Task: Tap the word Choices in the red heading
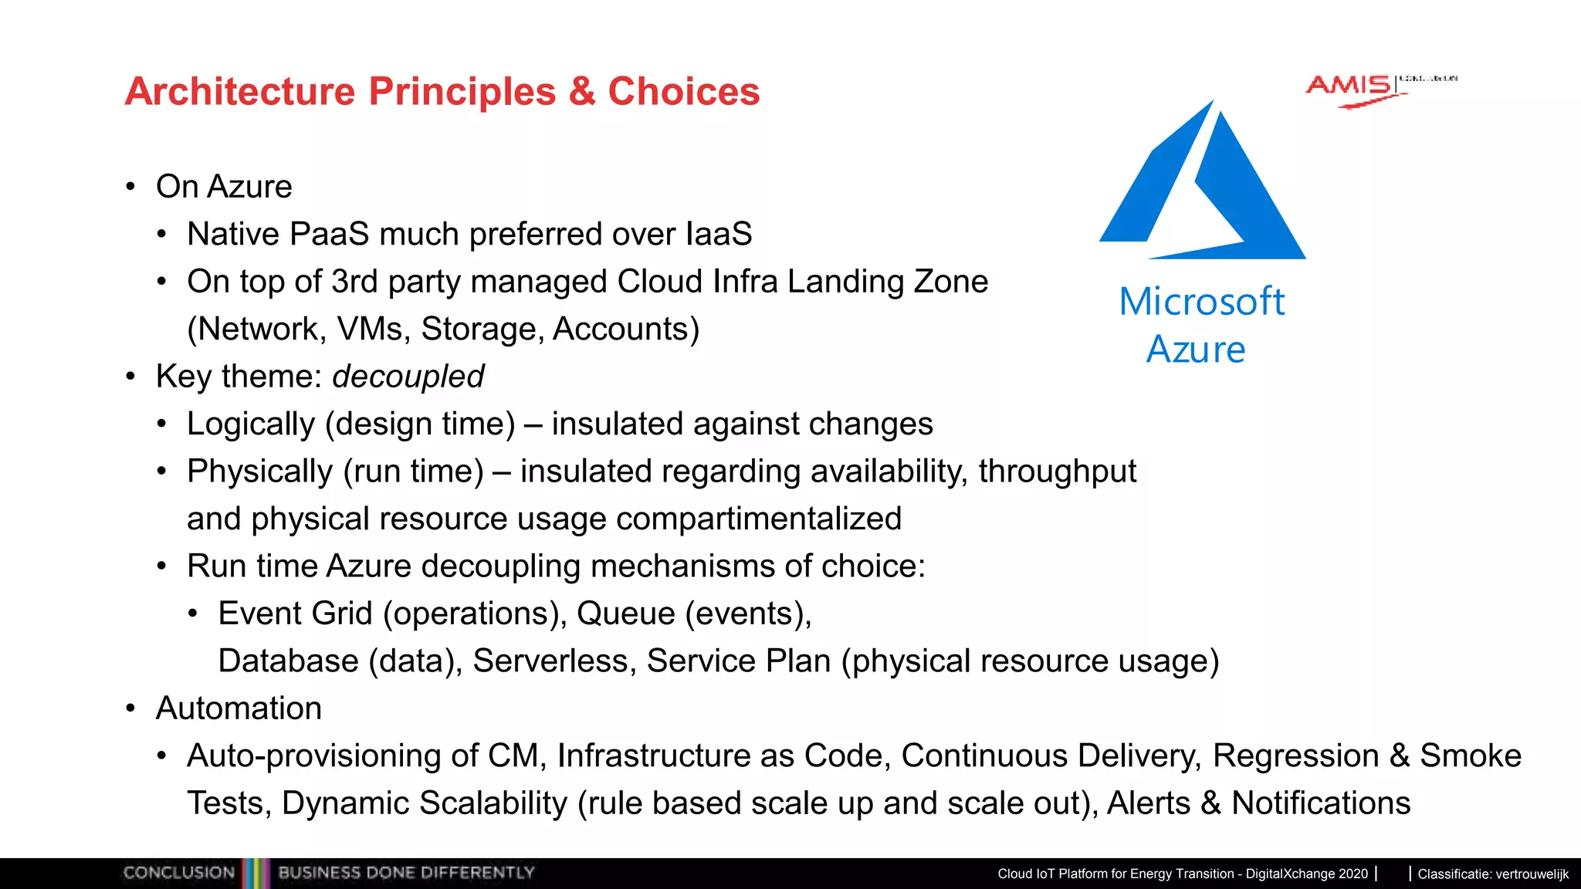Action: coord(683,92)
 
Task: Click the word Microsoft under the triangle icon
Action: coord(1201,301)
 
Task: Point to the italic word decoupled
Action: coord(408,377)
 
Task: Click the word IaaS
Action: coord(718,234)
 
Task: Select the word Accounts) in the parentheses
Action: coord(626,330)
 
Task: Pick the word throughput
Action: coord(1058,472)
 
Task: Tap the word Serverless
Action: coord(554,661)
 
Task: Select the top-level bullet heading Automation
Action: coord(239,708)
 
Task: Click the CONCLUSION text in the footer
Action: coord(178,873)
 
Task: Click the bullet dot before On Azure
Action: coord(130,187)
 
